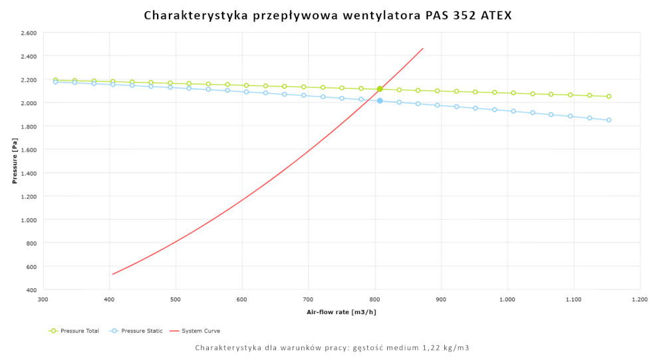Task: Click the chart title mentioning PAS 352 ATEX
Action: pyautogui.click(x=328, y=15)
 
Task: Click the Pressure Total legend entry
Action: pyautogui.click(x=74, y=331)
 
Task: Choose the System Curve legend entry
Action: pyautogui.click(x=196, y=331)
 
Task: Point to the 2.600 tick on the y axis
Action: pyautogui.click(x=28, y=33)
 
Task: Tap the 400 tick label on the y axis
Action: pyautogui.click(x=31, y=290)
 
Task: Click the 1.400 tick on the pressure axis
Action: pyautogui.click(x=28, y=173)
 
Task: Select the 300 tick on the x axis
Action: pyautogui.click(x=43, y=299)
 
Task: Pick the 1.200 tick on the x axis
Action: pyautogui.click(x=640, y=299)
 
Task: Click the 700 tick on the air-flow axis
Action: pyautogui.click(x=309, y=299)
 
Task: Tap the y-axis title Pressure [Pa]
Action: pyautogui.click(x=15, y=161)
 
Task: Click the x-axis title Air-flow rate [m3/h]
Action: pyautogui.click(x=341, y=311)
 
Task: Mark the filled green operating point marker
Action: pyautogui.click(x=380, y=89)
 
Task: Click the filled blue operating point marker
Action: pyautogui.click(x=380, y=100)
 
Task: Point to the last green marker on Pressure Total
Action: pyautogui.click(x=608, y=96)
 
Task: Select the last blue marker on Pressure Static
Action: pyautogui.click(x=608, y=120)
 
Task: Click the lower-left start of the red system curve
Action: pyautogui.click(x=112, y=274)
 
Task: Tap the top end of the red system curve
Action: pyautogui.click(x=423, y=48)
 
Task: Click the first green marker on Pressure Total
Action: pyautogui.click(x=56, y=80)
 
